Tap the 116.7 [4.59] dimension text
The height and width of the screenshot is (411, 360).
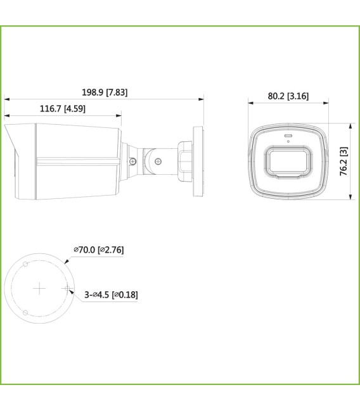62,109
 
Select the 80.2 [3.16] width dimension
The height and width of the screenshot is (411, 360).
288,96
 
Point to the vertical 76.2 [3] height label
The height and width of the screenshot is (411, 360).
343,161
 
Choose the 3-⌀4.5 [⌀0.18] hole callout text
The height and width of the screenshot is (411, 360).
111,294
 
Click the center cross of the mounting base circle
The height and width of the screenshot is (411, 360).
40,289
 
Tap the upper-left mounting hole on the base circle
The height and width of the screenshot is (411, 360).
25,263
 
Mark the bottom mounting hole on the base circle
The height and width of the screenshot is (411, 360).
25,313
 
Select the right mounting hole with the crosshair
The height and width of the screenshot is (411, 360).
67,288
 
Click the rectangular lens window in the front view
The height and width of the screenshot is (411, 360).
288,161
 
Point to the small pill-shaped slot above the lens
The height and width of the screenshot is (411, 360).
288,136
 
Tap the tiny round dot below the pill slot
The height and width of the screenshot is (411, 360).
288,141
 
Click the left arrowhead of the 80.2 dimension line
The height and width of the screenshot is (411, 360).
249,103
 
